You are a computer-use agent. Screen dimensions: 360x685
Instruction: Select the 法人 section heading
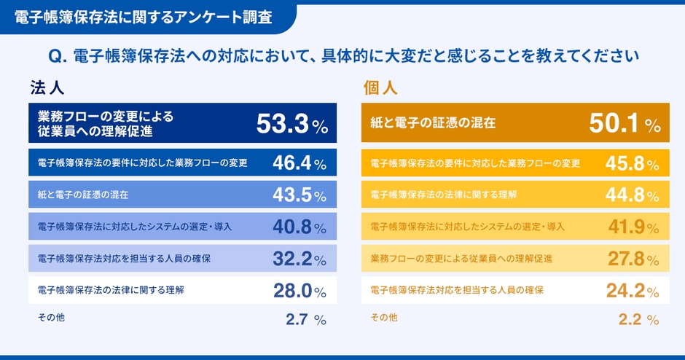click(48, 88)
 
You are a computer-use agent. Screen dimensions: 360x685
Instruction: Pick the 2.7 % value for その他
click(305, 318)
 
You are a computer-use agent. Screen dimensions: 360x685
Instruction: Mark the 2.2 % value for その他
click(638, 318)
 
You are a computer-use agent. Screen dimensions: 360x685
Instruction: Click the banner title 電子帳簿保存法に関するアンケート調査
click(144, 17)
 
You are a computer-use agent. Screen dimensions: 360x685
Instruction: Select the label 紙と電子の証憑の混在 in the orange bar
click(433, 123)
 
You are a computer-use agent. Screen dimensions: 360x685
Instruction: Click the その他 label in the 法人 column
click(51, 318)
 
